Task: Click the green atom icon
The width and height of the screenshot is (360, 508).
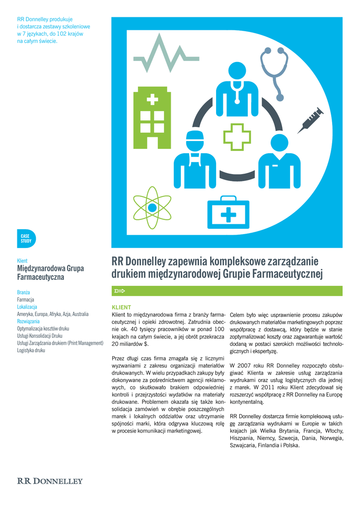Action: pos(152,207)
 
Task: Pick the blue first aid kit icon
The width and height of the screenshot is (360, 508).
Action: pos(228,210)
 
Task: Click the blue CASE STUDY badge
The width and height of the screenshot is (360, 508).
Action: pos(26,239)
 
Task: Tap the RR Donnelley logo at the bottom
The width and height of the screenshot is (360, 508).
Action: pos(50,481)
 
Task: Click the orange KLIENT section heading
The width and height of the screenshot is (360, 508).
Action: pos(121,308)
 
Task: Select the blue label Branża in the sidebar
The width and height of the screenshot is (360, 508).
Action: pos(23,293)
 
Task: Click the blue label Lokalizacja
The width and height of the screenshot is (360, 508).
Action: pos(27,307)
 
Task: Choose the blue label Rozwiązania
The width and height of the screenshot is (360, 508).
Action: pos(28,321)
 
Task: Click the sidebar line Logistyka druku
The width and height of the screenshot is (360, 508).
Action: pos(31,350)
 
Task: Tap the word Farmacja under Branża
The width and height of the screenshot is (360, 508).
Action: pos(25,300)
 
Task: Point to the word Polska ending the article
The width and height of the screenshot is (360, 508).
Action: pos(291,445)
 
